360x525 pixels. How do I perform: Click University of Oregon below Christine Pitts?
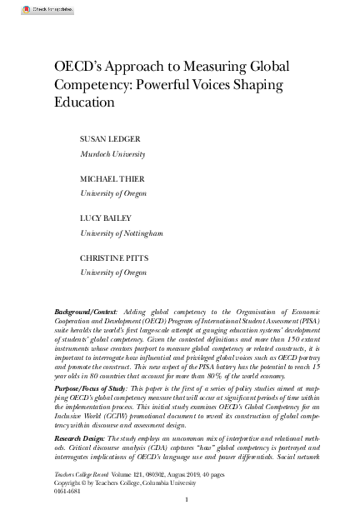[x=113, y=272]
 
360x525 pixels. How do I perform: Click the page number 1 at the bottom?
[x=187, y=500]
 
